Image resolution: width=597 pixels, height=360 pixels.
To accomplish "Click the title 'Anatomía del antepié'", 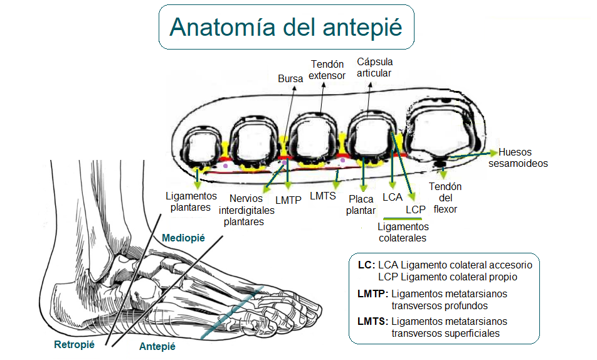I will tap(285, 28).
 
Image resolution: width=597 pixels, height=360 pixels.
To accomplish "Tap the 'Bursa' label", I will tap(290, 79).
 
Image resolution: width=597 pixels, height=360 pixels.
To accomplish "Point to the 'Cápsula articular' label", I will tap(374, 68).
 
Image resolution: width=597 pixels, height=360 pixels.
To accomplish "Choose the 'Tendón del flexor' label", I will tap(445, 198).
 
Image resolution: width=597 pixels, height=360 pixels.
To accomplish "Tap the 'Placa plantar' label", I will tap(361, 205).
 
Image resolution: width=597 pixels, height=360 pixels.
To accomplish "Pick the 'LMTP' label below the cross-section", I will tap(288, 200).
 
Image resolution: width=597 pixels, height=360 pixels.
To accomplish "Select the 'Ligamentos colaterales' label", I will tap(403, 232).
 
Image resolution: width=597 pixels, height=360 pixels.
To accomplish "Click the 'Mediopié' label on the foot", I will tap(183, 238).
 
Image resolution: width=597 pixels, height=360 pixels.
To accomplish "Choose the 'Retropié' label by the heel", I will tap(75, 344).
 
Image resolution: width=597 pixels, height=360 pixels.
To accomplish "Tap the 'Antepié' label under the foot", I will tap(157, 346).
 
